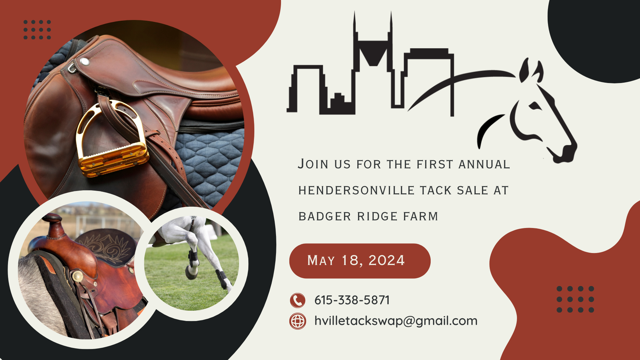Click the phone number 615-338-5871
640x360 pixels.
point(352,300)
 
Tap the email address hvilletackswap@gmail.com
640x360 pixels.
point(396,321)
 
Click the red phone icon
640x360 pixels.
point(298,300)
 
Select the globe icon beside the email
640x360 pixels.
point(298,321)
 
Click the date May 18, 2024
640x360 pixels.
point(356,260)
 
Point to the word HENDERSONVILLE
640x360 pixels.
point(357,190)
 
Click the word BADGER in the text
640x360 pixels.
point(325,216)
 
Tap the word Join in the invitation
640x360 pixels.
point(313,164)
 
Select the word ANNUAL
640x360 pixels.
point(484,164)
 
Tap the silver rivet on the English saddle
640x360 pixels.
point(85,62)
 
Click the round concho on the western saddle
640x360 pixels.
point(78,276)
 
